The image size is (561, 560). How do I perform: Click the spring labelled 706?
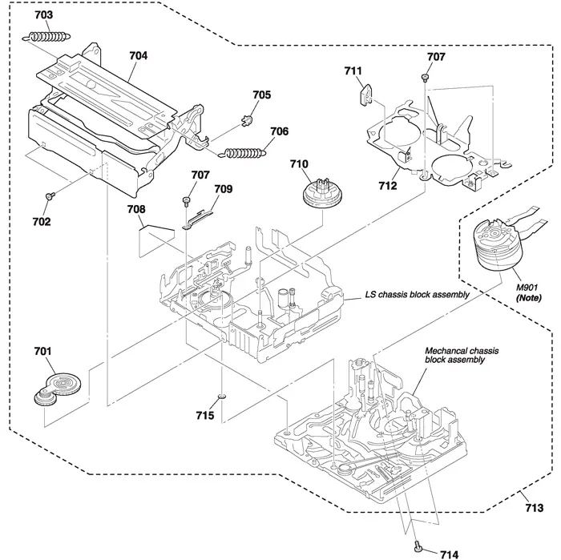(245, 150)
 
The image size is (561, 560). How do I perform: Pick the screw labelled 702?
(50, 194)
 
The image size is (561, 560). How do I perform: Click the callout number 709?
(223, 189)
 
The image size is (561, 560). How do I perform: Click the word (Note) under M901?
(527, 299)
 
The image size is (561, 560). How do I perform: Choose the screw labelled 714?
(418, 547)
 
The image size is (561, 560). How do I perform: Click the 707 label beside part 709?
(200, 175)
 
